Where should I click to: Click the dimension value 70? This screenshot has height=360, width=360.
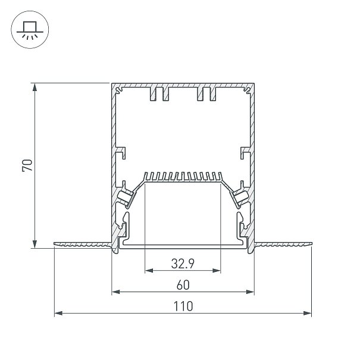point(27,165)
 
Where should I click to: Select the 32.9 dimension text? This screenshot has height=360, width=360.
point(183,264)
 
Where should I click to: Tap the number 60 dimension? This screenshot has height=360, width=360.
point(183,285)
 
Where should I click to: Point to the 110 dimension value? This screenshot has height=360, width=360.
point(183,306)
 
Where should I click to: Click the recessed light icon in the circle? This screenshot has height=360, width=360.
point(30,30)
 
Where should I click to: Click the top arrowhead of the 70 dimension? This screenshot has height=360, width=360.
point(35,87)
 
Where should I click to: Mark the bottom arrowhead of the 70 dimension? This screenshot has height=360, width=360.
point(35,245)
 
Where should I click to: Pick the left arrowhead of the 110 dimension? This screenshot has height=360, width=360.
point(58,313)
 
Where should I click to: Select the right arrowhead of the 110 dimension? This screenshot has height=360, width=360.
point(308,313)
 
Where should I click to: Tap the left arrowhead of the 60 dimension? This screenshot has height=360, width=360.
point(115,292)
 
